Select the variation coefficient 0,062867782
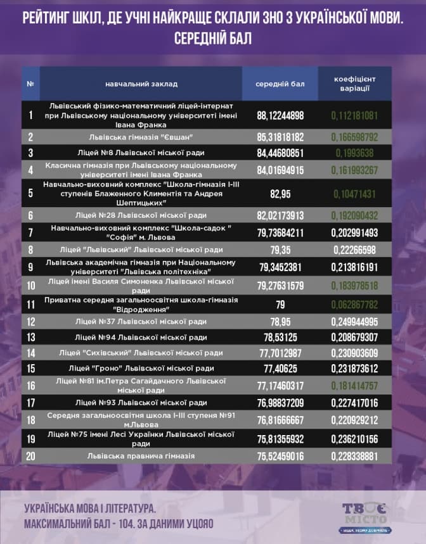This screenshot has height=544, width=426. pos(354,304)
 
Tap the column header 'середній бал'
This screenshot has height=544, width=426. pos(280,84)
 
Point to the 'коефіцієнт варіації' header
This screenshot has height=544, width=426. pos(355,84)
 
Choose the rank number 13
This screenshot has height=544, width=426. pos(30,337)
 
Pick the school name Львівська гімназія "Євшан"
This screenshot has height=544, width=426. pos(141,136)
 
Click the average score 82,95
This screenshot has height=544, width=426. pos(280,193)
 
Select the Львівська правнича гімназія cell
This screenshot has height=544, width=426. pos(141,455)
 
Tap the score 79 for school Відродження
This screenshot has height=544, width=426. pos(280,305)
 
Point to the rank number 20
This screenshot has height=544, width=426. pos(30,455)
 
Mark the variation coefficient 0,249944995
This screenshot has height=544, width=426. pos(354,321)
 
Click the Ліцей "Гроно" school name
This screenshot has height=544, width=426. pos(141,368)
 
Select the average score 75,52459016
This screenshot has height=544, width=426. pos(280,455)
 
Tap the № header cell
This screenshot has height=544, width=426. pos(30,84)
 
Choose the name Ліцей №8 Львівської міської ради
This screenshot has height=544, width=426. pos(141,152)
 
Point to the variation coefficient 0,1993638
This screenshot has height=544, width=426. pos(354,152)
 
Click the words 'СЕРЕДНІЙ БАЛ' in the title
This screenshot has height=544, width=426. pos(212,39)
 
